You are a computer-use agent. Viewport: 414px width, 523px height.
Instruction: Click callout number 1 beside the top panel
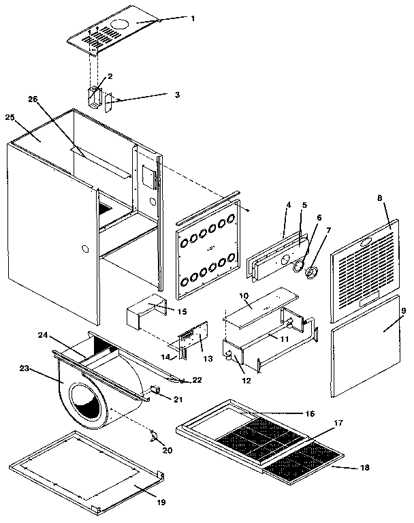click(x=192, y=18)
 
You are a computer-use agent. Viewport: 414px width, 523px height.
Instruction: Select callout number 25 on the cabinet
click(x=10, y=118)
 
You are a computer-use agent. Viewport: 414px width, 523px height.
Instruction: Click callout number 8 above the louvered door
click(x=380, y=197)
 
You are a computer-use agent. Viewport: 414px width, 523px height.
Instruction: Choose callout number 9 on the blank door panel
click(x=404, y=311)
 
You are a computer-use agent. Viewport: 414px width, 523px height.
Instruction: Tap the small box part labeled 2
click(x=95, y=96)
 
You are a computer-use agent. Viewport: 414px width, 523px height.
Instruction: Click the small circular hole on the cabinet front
click(x=84, y=249)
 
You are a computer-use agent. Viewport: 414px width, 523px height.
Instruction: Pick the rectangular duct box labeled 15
click(x=143, y=316)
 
